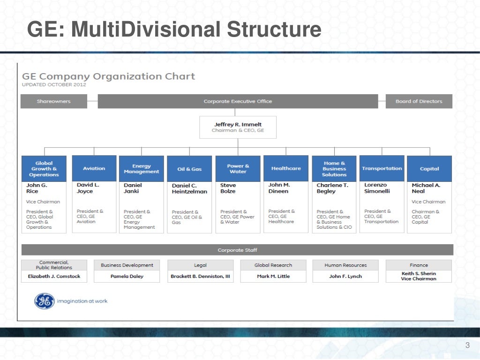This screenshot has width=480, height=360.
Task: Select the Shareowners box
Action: click(54, 101)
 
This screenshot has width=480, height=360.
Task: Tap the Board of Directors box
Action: click(419, 101)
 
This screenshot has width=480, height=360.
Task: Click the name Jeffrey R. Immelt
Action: click(238, 124)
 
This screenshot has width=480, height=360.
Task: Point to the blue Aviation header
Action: click(94, 168)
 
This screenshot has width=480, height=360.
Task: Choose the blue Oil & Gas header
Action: click(190, 169)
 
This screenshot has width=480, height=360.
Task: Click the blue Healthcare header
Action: click(286, 168)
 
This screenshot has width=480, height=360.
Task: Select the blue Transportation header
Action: click(382, 168)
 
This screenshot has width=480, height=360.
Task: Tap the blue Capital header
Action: click(429, 169)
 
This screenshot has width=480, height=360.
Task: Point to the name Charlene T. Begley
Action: click(332, 188)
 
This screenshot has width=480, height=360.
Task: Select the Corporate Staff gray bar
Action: click(237, 250)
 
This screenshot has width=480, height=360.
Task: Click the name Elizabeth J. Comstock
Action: click(54, 277)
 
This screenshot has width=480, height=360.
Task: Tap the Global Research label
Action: click(273, 265)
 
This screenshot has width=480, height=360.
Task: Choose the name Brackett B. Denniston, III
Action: click(200, 277)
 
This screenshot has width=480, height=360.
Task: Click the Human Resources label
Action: click(345, 265)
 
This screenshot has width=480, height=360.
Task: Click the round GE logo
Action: click(45, 301)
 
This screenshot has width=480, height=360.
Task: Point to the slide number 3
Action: click(467, 346)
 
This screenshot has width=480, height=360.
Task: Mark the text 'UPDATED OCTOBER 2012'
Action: click(54, 85)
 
